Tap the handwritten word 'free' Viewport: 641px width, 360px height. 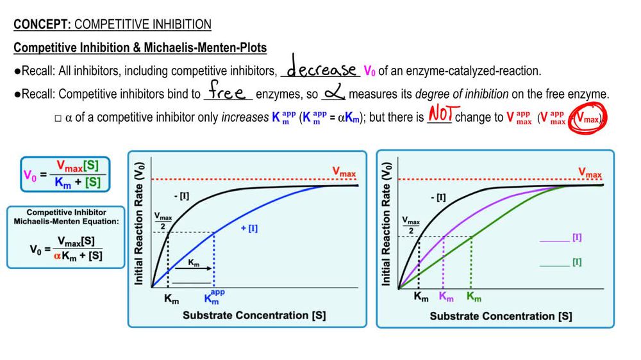[x=228, y=92]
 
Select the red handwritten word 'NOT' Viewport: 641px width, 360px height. [x=440, y=115]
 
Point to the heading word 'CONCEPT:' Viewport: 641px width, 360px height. [x=43, y=25]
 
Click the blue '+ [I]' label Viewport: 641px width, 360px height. [x=249, y=228]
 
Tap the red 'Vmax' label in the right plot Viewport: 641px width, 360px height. [x=590, y=173]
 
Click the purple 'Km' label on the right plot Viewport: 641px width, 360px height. [x=447, y=297]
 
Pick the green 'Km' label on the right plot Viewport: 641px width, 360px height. [x=474, y=297]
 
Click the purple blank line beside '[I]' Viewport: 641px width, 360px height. [x=554, y=240]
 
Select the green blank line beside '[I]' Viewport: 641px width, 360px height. [x=554, y=264]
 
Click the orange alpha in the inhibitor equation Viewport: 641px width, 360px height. [x=56, y=256]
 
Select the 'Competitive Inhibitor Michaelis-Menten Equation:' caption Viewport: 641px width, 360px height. [x=66, y=217]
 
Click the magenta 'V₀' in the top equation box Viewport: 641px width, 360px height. [x=31, y=174]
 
